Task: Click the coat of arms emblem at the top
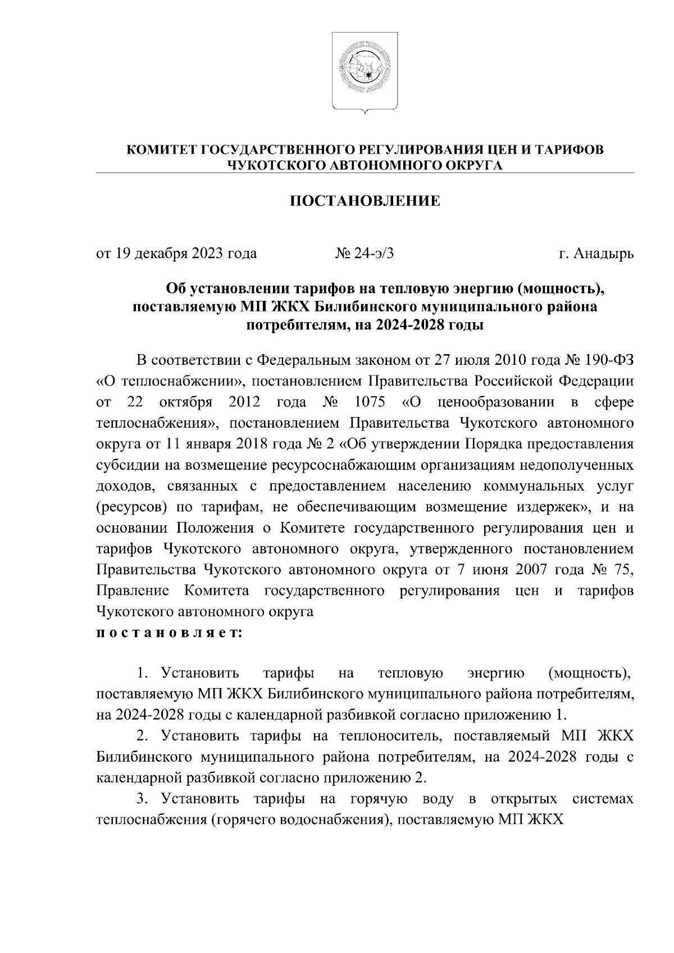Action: point(365,71)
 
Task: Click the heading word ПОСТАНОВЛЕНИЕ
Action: point(365,201)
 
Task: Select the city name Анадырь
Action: point(604,254)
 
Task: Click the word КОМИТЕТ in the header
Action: point(161,150)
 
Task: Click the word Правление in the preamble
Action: point(133,590)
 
